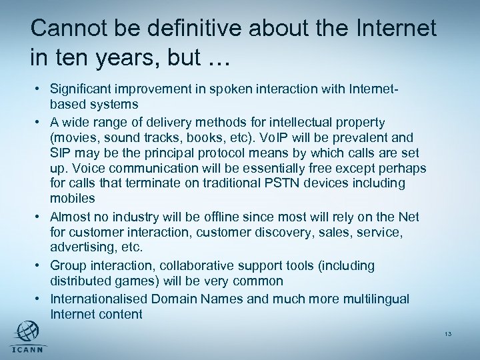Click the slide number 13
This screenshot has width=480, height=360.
pos(449,333)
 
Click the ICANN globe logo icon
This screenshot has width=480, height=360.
pos(27,331)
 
